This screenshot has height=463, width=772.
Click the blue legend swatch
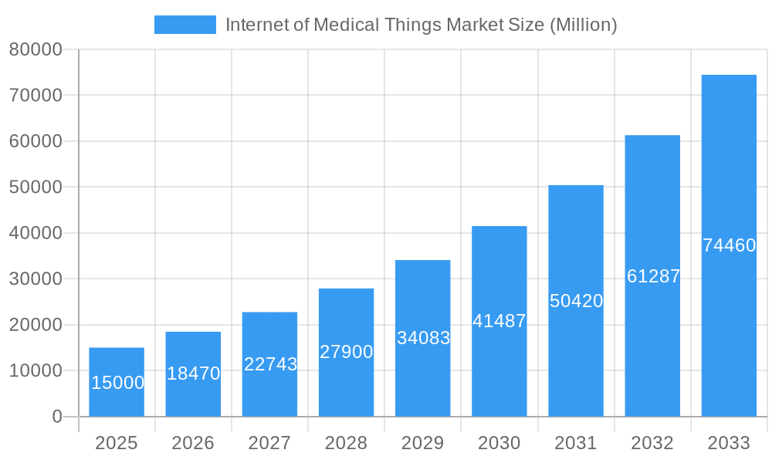(185, 25)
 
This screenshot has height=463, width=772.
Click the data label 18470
(193, 373)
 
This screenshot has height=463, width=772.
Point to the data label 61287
(653, 276)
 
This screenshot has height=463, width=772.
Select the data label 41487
(499, 321)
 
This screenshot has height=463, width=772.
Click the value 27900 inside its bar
(346, 352)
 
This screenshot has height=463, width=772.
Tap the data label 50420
(576, 301)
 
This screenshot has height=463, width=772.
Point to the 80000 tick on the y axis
(36, 49)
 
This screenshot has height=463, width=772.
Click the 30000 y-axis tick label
(36, 279)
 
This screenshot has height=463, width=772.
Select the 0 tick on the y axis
(56, 417)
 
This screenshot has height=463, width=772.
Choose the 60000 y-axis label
(36, 141)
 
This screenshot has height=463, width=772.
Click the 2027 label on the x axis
(269, 443)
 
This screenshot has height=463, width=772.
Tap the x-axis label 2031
(576, 443)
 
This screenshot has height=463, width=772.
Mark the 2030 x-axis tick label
(499, 443)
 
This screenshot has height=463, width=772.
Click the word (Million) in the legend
(583, 25)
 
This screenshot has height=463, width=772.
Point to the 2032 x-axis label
(652, 443)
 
